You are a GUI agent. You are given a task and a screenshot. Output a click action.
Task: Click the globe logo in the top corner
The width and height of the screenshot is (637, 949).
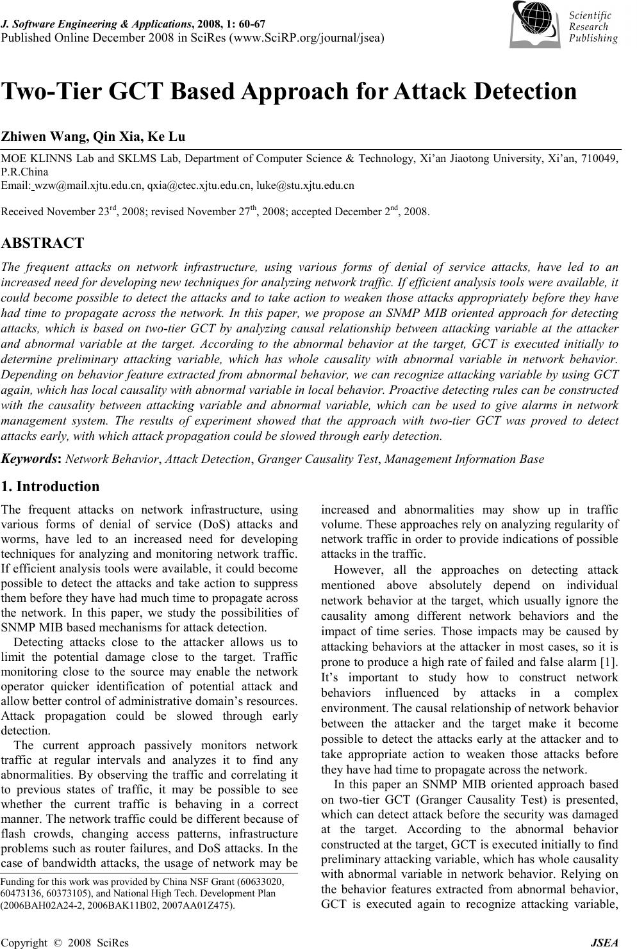(537, 23)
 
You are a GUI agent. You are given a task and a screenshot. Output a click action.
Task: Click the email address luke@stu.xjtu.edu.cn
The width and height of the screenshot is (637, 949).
(305, 186)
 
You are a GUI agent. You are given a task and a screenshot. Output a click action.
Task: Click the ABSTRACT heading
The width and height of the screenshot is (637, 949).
(43, 243)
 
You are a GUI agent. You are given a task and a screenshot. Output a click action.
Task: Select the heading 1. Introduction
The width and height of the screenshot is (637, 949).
(51, 486)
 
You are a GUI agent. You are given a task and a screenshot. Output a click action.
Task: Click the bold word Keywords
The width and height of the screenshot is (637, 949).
(31, 458)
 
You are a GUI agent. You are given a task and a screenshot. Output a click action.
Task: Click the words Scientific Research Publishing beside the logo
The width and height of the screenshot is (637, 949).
(593, 27)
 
